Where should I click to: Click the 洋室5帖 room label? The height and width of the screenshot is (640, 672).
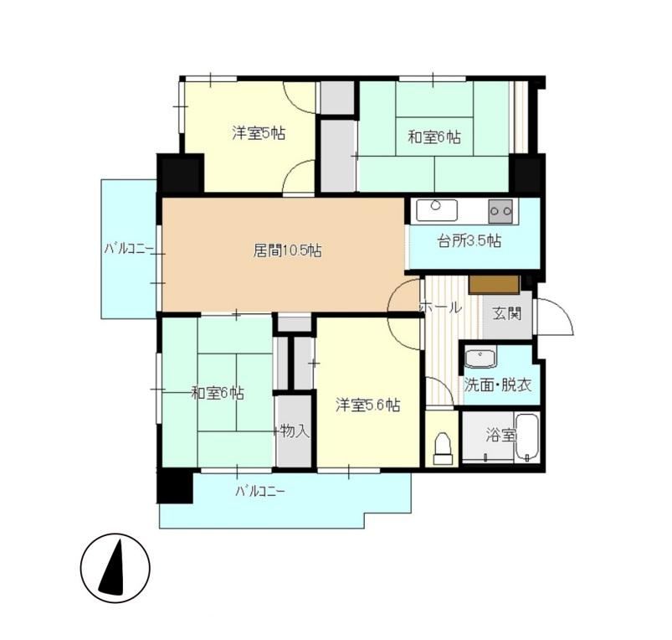click(259, 133)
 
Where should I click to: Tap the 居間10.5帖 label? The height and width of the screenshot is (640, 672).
click(288, 250)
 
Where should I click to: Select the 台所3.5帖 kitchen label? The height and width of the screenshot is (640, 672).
click(469, 241)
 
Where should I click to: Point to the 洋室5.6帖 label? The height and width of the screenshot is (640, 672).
click(368, 405)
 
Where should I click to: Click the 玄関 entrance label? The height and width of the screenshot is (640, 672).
click(507, 313)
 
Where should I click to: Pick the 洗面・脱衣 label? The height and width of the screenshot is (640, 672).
click(498, 385)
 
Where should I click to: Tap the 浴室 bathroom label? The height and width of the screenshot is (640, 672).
click(500, 436)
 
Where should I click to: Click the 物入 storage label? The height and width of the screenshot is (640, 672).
click(295, 431)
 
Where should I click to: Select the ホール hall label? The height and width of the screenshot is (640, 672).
click(440, 307)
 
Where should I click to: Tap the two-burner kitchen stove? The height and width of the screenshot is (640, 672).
click(500, 211)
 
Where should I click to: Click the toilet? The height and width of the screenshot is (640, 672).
click(443, 448)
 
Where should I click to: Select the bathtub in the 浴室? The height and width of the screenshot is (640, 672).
click(526, 437)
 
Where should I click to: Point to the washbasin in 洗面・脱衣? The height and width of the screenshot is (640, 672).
click(480, 359)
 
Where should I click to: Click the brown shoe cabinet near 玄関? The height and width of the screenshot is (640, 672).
click(494, 285)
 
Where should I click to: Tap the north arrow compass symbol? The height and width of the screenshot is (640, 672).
click(115, 568)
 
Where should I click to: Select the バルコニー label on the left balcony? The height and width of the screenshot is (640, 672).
click(129, 249)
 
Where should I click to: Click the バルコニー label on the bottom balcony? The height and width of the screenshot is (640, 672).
click(259, 491)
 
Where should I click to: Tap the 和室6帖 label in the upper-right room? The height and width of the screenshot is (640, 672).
click(434, 137)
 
